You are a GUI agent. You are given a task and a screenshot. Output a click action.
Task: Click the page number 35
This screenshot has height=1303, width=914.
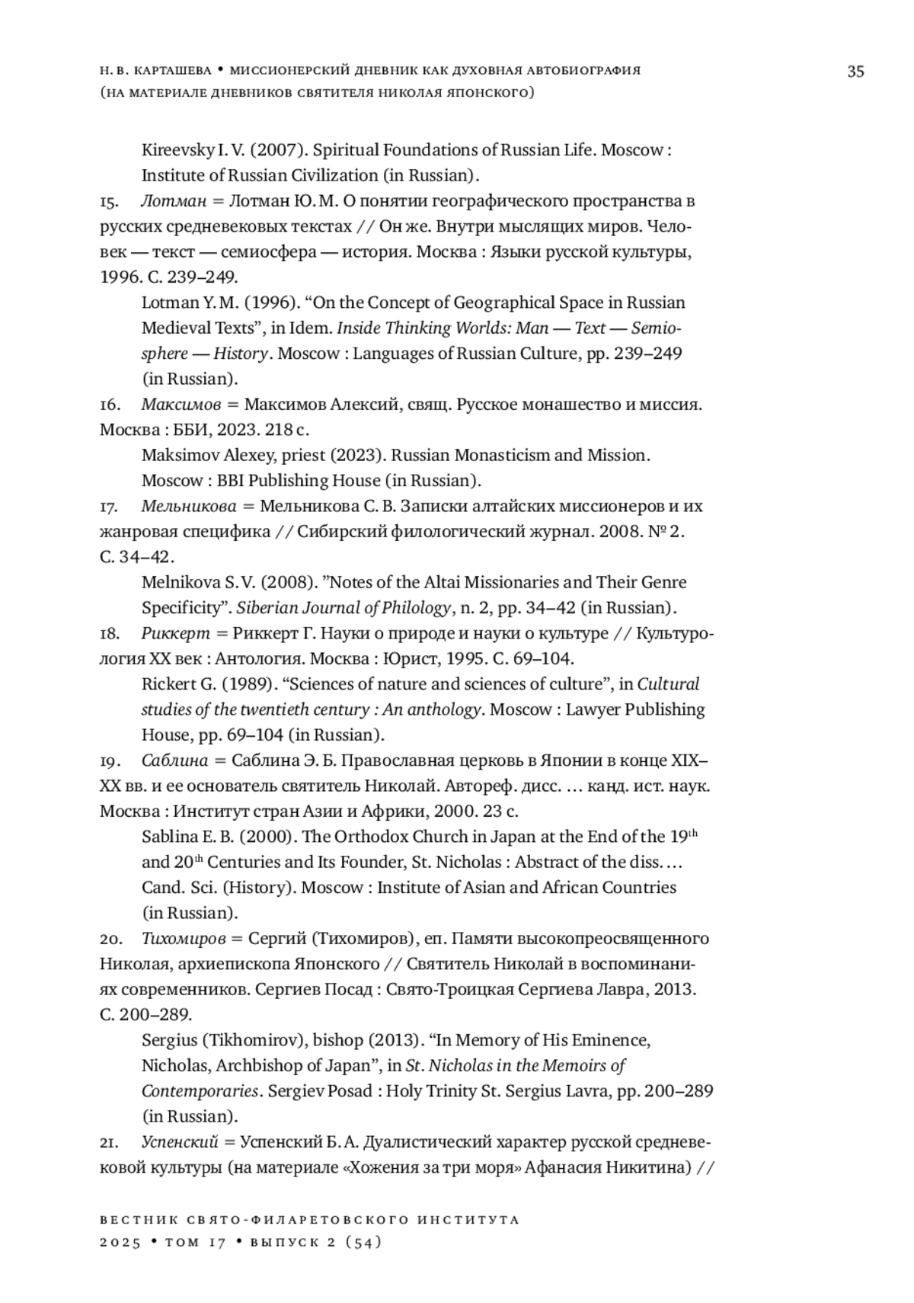(855, 72)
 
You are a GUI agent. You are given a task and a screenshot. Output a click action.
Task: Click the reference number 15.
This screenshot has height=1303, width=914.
(108, 202)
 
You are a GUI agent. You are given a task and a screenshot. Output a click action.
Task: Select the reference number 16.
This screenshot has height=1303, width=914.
(108, 405)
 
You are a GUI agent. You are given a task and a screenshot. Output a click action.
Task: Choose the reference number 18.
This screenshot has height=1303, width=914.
(108, 634)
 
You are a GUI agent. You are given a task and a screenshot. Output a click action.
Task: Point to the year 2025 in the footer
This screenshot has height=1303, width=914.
(120, 1243)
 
